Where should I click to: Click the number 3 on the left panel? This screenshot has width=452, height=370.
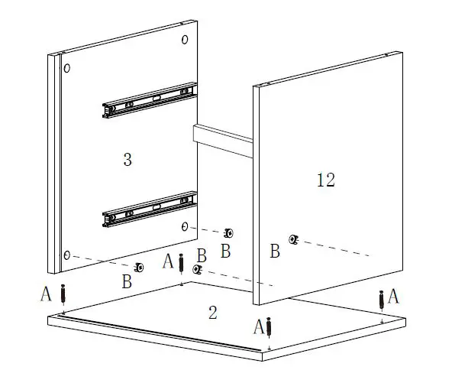pos(128,160)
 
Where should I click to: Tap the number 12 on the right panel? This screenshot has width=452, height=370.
pos(325,180)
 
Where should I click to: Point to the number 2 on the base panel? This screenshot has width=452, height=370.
pos(213,311)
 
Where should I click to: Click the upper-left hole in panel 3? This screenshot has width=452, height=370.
pos(67,69)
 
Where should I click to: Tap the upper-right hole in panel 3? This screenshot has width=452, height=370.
pos(184,39)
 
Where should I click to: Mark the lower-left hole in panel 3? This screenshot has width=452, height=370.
pos(68,255)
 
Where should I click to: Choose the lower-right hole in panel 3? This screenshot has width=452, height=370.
pos(186,226)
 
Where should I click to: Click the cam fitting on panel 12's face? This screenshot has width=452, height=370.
pos(293,239)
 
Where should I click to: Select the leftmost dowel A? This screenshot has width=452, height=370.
pos(64,294)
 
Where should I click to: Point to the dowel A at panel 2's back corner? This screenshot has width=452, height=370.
pos(181,264)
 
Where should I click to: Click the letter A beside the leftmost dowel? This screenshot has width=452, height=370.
pos(46,293)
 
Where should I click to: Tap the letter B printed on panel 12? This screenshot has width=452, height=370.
pos(275,252)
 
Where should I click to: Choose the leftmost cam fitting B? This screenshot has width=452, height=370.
pos(139,267)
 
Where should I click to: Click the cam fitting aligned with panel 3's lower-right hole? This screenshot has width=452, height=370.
pos(228,232)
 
